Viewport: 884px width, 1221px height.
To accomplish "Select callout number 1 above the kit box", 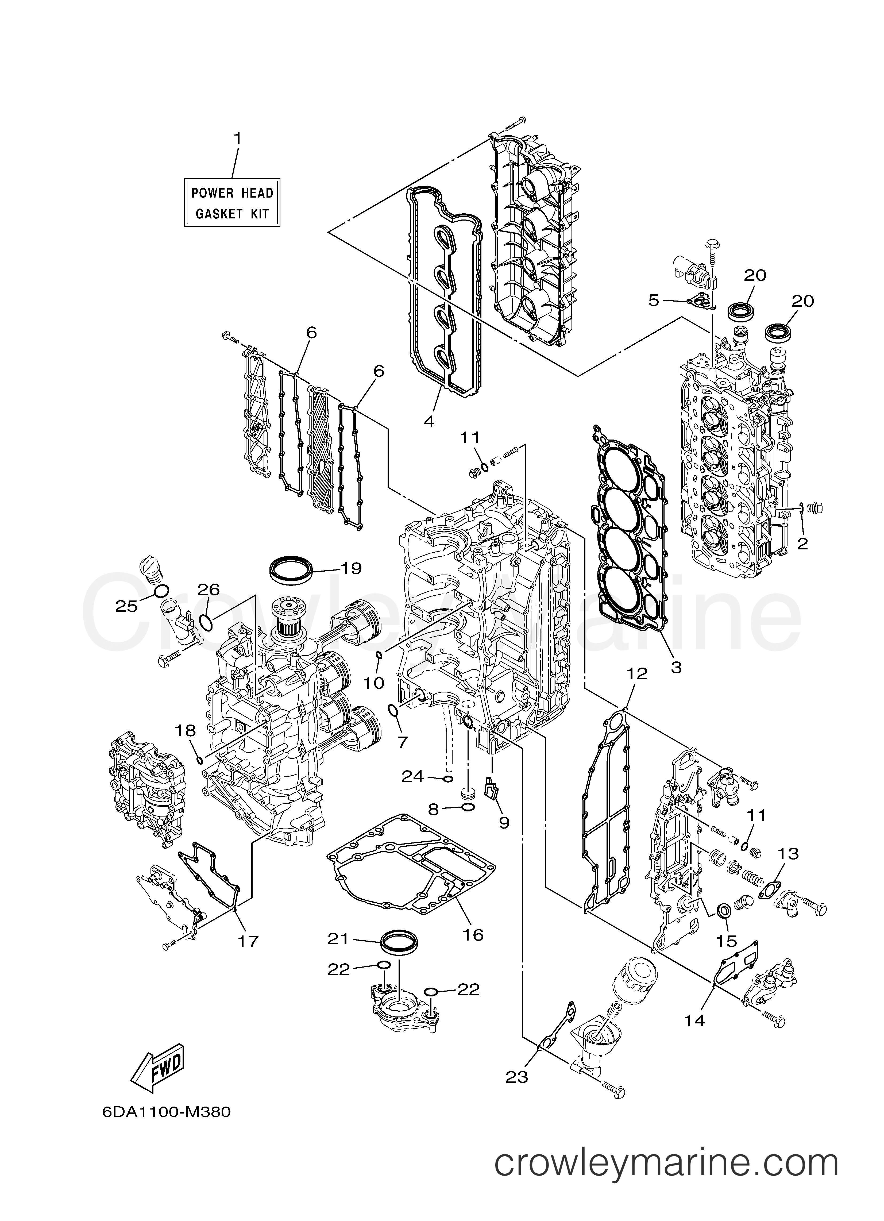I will click(237, 139).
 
